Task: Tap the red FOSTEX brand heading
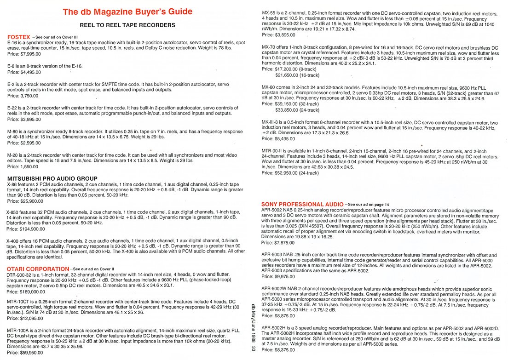[19, 36]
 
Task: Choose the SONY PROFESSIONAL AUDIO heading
[301, 204]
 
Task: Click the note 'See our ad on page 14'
[368, 204]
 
